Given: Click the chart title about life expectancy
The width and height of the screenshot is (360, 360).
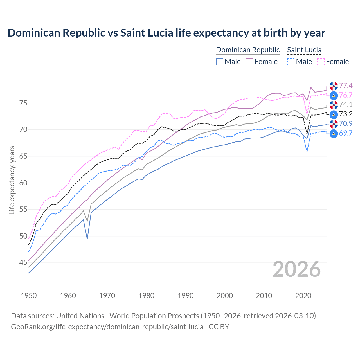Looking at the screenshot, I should click(x=166, y=33).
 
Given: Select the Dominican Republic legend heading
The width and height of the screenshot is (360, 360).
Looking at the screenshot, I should click(x=248, y=50).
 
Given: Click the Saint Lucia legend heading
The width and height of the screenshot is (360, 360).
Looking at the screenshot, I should click(x=304, y=50).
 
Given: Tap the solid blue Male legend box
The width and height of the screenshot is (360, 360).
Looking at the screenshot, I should click(x=220, y=62).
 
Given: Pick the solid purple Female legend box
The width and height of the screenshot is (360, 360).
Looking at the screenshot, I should click(x=249, y=62).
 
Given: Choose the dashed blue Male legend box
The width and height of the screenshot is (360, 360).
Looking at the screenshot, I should click(x=291, y=62).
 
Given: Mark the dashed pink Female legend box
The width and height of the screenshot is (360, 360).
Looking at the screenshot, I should click(x=321, y=62).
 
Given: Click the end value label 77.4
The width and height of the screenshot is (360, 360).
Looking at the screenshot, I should click(x=346, y=85).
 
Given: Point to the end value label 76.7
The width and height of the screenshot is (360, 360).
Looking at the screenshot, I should click(x=346, y=95).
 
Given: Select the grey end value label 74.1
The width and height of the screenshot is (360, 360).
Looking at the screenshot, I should click(x=346, y=105).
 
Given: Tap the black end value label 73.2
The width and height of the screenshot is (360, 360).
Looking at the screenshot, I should click(x=346, y=114).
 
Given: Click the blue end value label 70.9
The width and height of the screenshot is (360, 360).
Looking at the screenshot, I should click(x=346, y=124).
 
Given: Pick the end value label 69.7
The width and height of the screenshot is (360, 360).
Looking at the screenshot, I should click(x=346, y=133).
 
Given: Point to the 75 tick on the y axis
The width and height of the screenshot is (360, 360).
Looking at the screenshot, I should click(x=23, y=103).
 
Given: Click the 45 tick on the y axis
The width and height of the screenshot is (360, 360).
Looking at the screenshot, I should click(x=23, y=263).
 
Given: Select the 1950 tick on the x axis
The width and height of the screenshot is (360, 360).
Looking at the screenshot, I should click(x=29, y=296).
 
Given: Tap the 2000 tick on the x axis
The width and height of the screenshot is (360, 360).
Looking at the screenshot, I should click(x=225, y=296).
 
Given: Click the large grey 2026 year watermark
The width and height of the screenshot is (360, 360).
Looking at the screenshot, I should click(x=297, y=269).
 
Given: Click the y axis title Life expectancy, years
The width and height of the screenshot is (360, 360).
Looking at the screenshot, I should click(x=12, y=180).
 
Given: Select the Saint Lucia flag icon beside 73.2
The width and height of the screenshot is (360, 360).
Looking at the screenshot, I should click(x=334, y=114).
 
